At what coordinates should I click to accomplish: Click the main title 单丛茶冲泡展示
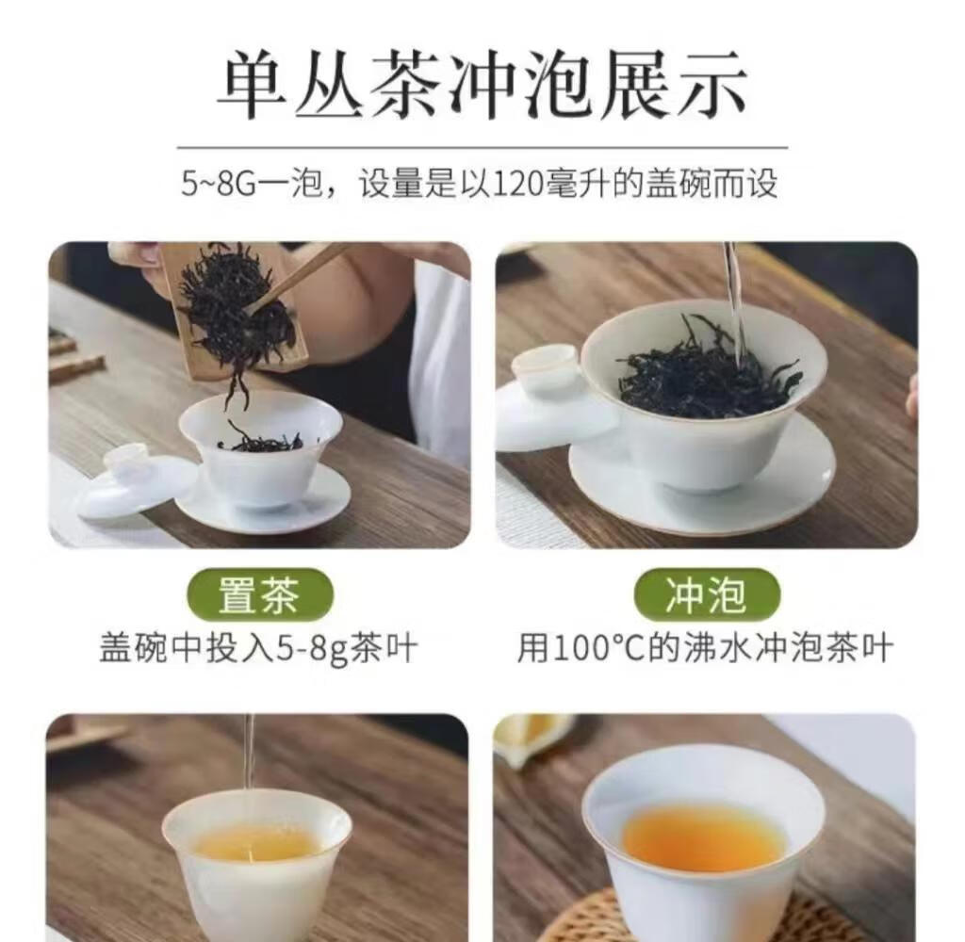pyautogui.click(x=482, y=85)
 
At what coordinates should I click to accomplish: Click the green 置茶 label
pyautogui.click(x=260, y=595)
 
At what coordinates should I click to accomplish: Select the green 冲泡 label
pyautogui.click(x=707, y=595)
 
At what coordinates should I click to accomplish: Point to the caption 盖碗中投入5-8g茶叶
pyautogui.click(x=258, y=648)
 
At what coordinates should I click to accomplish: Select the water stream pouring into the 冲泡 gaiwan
pyautogui.click(x=733, y=301)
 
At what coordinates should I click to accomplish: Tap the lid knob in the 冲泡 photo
pyautogui.click(x=546, y=366)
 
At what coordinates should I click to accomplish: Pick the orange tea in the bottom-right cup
pyautogui.click(x=704, y=834)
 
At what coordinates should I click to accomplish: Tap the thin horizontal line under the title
pyautogui.click(x=482, y=148)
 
